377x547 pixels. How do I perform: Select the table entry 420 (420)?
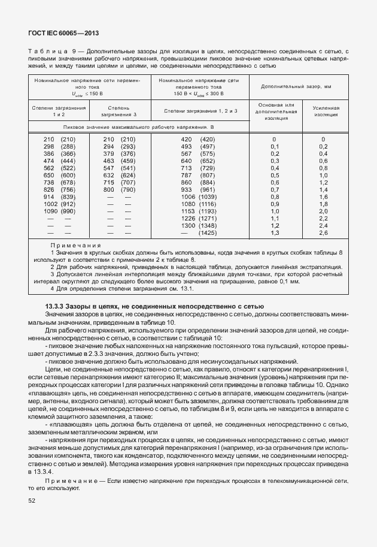(197, 140)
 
